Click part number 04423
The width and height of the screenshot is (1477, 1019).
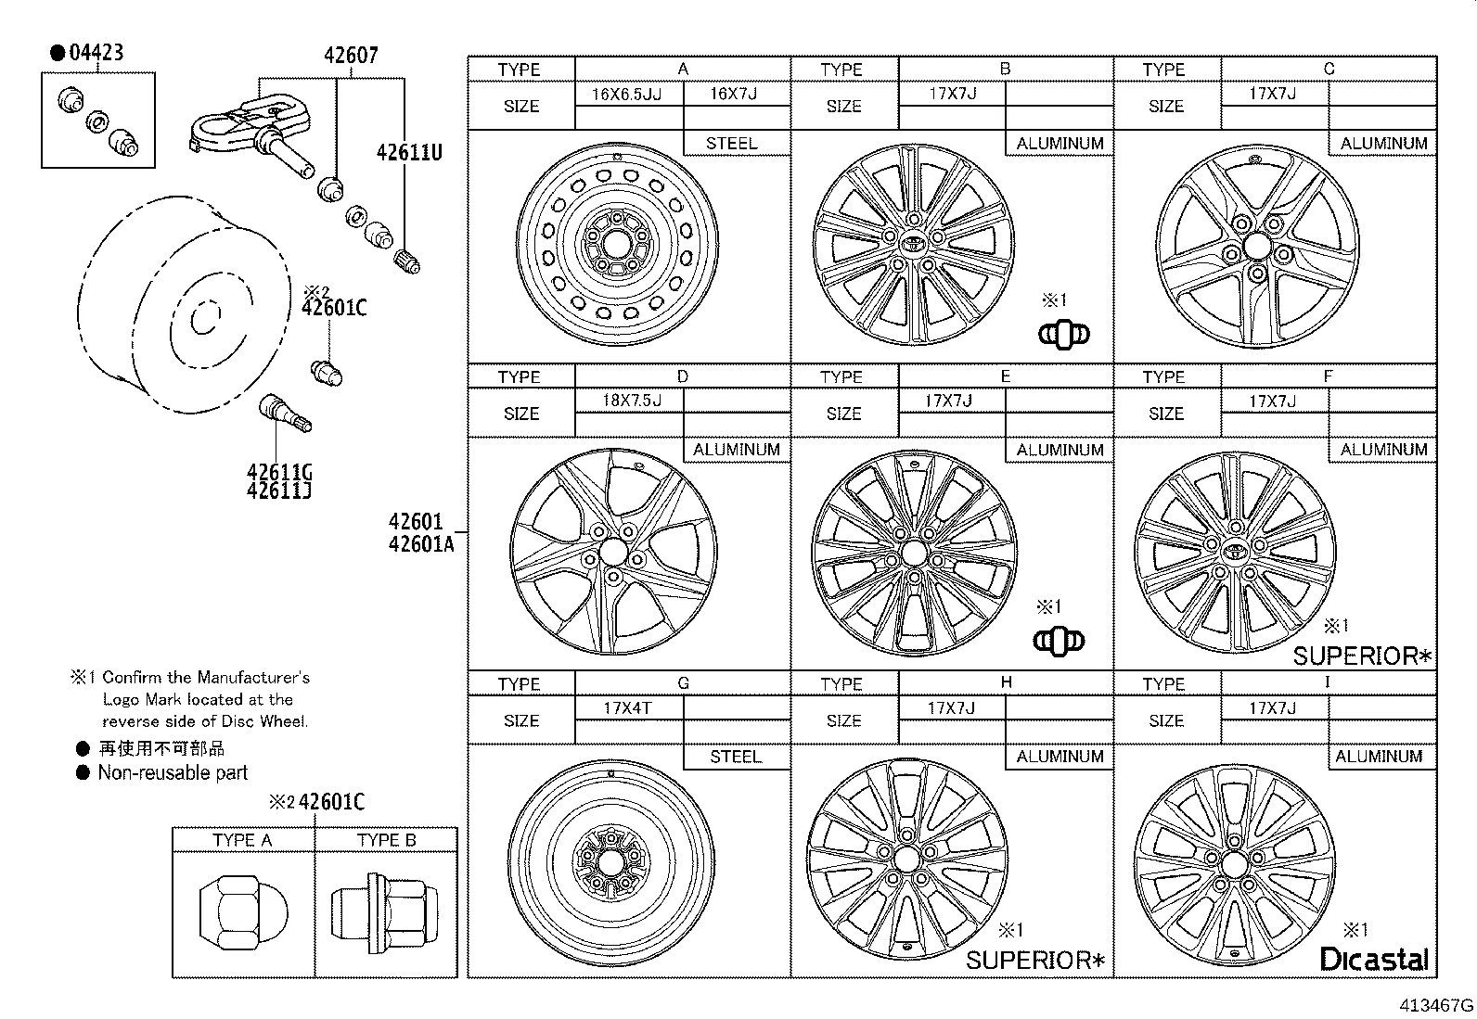(96, 52)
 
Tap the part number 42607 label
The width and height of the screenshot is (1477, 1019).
(351, 55)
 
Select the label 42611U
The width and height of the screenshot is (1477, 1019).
(409, 152)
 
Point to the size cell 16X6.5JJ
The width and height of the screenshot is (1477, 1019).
(627, 94)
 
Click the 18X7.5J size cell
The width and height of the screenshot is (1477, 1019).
(631, 401)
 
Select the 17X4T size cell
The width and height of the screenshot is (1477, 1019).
(628, 707)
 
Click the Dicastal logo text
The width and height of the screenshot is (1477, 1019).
(1373, 959)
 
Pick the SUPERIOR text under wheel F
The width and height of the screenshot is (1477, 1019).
(1361, 656)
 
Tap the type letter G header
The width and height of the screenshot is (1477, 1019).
(683, 682)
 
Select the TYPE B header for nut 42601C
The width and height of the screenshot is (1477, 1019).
(386, 840)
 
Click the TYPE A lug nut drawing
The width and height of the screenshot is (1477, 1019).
(243, 913)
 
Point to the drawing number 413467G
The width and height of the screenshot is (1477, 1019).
(1437, 1005)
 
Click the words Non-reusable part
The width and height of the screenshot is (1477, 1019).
(173, 772)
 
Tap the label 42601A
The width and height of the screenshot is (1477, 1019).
(421, 544)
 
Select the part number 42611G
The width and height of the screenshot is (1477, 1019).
(279, 472)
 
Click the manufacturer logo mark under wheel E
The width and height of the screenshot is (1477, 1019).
(1059, 640)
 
